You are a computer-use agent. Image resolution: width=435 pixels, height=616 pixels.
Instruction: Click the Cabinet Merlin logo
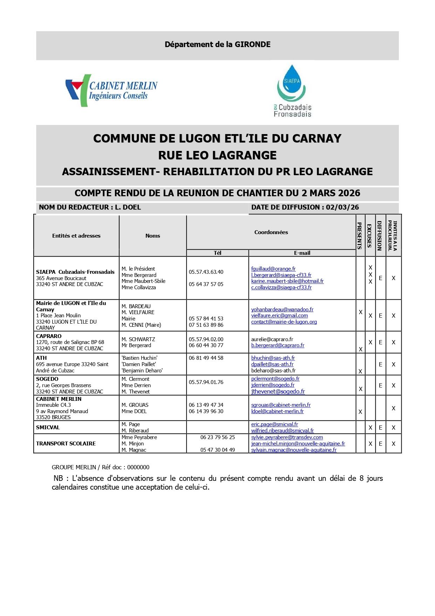tap(111, 91)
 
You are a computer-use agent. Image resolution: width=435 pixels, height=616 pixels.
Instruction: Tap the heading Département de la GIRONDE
tap(217, 45)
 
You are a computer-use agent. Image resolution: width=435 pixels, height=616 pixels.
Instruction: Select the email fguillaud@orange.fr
tap(273, 269)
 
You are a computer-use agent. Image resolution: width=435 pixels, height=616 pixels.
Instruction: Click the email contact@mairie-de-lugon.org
tap(284, 322)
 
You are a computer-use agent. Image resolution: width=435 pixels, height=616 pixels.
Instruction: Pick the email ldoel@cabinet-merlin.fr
tap(277, 411)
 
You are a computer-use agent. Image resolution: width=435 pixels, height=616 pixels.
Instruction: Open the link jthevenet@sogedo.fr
tap(278, 392)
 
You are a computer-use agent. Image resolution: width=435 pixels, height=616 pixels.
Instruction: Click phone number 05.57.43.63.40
tap(206, 272)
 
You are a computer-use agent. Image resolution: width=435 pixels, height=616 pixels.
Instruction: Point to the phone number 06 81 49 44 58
tap(206, 358)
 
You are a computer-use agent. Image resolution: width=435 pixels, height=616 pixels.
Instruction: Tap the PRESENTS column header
tap(360, 236)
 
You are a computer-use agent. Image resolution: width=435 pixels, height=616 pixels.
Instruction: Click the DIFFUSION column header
tap(380, 236)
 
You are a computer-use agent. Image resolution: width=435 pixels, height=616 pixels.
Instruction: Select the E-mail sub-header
tap(302, 253)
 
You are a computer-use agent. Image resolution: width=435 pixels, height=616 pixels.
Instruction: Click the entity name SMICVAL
tap(48, 428)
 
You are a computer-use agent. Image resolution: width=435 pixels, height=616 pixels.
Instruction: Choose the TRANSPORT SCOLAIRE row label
tap(66, 444)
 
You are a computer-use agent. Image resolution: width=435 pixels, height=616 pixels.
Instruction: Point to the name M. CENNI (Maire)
tap(141, 325)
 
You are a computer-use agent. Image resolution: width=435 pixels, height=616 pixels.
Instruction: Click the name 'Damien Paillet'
tap(139, 364)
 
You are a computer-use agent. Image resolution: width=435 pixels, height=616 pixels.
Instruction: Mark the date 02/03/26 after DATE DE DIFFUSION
tap(342, 207)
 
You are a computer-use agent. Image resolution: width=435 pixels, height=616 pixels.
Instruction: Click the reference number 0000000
tap(138, 468)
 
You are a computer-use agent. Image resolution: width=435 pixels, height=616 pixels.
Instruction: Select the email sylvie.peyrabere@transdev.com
tap(287, 437)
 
